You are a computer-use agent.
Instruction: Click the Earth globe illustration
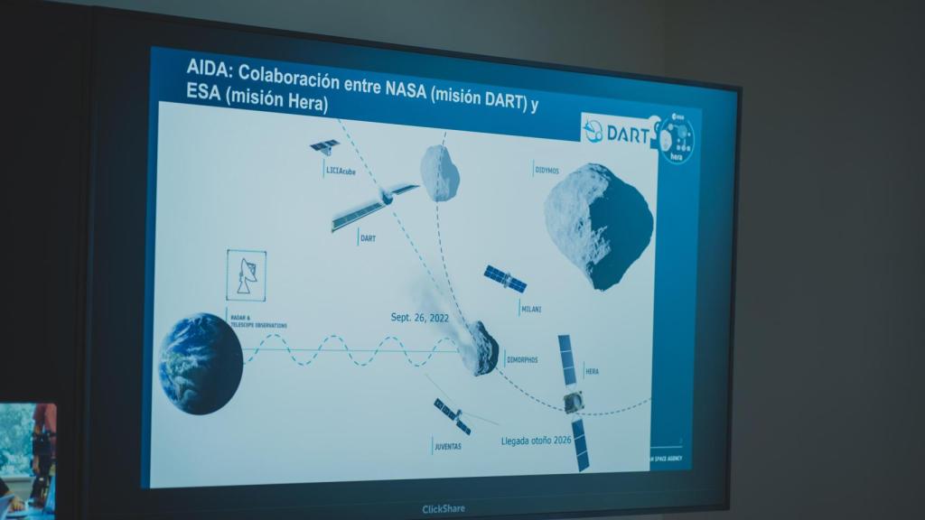(200, 363)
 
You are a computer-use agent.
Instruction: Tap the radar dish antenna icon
(247, 275)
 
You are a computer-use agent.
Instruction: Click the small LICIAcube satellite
(324, 145)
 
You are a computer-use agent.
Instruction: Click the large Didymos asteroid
(598, 223)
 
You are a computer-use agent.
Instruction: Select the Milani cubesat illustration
(505, 278)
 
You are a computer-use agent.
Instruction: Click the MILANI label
(531, 309)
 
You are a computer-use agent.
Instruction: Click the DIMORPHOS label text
(522, 360)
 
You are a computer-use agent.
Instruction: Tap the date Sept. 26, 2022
(419, 318)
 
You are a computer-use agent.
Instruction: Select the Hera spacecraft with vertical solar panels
(573, 401)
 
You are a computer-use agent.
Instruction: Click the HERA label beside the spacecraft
(593, 371)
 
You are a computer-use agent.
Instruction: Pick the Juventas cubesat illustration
(452, 416)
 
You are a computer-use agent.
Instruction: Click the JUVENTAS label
(449, 446)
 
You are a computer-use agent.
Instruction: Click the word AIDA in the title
(205, 66)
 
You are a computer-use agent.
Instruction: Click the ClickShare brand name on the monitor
(444, 509)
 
